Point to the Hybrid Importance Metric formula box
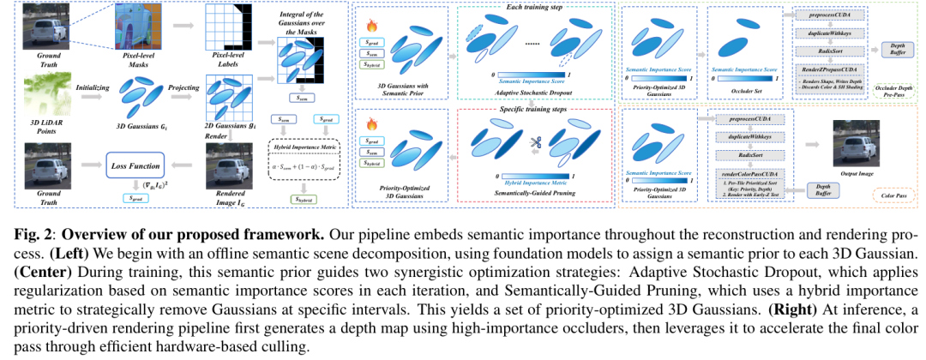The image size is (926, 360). tap(304, 159)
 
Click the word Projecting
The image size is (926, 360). tap(174, 87)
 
